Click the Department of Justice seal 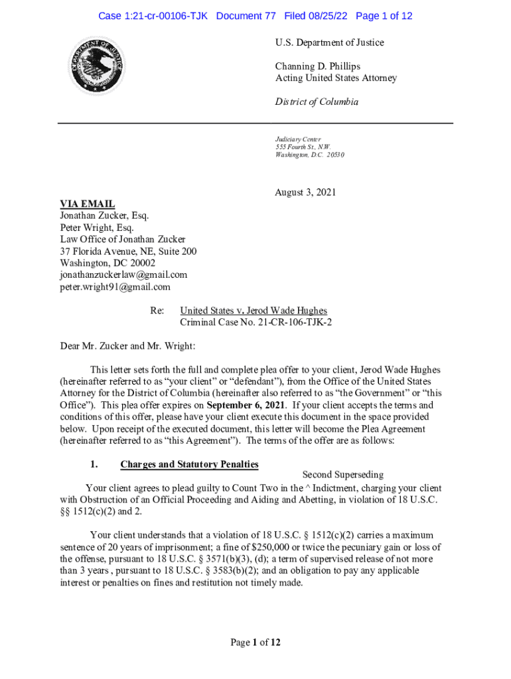pos(98,65)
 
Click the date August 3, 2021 pos(305,193)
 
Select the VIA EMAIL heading pos(88,204)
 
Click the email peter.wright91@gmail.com pos(115,286)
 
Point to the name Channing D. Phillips pos(317,66)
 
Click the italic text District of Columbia pos(317,102)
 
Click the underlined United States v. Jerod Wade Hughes pos(254,310)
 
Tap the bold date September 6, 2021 pos(246,405)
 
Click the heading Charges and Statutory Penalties pos(189,464)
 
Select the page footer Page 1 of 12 pos(256,642)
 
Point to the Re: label pos(158,310)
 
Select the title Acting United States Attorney pos(336,78)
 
